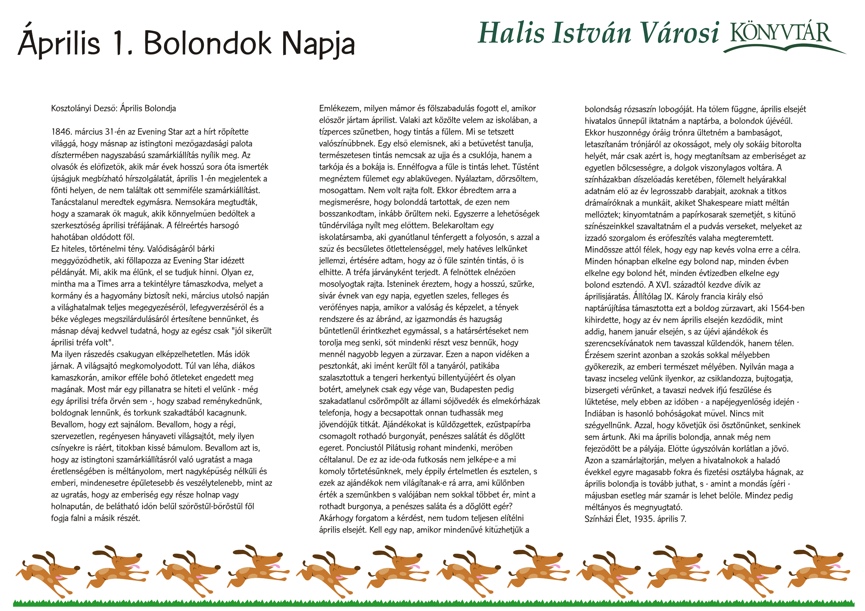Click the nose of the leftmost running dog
77,568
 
